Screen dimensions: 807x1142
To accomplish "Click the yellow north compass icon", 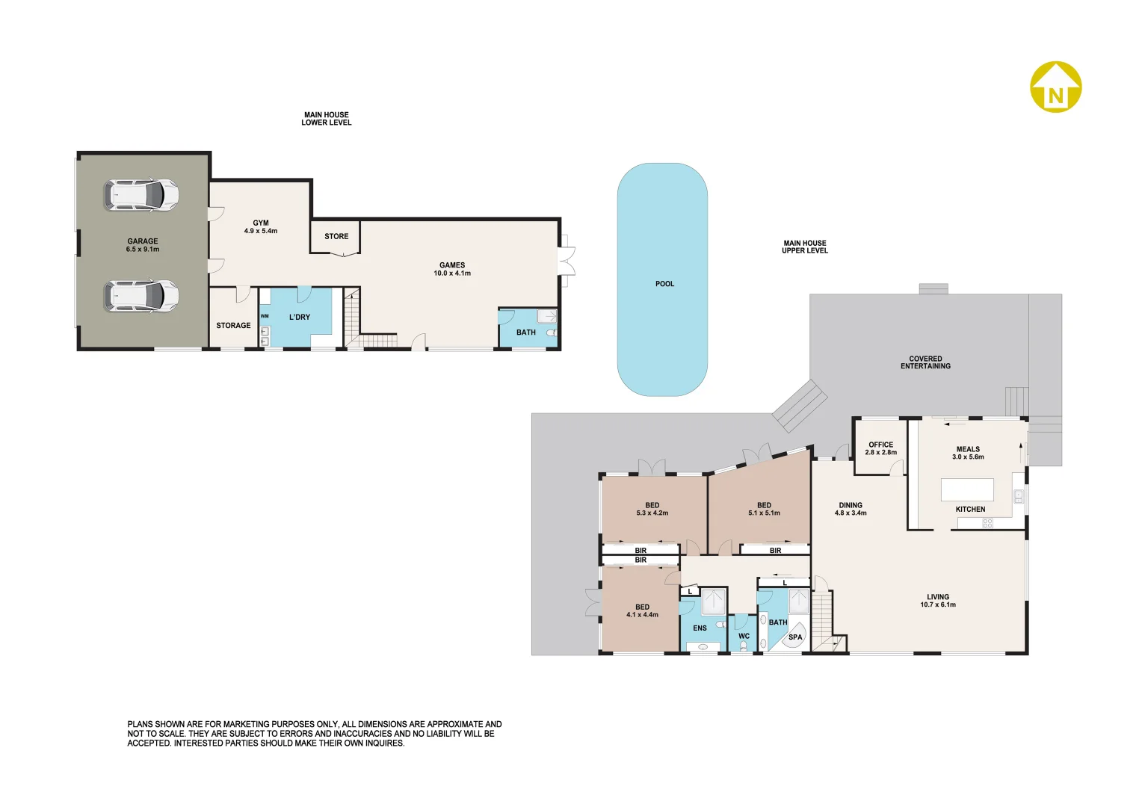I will [1055, 87].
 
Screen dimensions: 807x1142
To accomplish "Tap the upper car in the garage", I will [141, 195].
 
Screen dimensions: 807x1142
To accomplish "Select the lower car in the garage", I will [141, 296].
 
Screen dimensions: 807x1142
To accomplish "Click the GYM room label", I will [261, 227].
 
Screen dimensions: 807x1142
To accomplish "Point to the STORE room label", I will [336, 236].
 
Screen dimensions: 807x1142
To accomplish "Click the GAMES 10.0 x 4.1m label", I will [452, 269].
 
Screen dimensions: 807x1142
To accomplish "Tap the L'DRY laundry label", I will [300, 317].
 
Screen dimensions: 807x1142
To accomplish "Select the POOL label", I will [664, 284].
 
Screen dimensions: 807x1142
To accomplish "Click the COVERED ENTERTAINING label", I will [925, 362].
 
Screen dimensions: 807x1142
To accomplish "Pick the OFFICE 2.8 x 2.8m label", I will [881, 448].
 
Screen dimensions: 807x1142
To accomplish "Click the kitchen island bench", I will [967, 490].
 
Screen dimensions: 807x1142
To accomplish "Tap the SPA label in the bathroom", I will [795, 637].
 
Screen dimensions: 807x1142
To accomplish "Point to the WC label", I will [744, 637].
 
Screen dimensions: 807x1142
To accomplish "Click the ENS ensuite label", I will [700, 628].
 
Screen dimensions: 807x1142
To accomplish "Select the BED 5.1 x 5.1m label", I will [764, 509].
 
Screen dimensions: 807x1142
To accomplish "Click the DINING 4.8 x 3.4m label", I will [851, 509].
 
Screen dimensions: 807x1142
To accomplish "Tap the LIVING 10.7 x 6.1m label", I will [938, 601].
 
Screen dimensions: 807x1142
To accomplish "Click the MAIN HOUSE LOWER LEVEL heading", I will [327, 119].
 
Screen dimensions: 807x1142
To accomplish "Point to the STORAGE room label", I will [233, 326].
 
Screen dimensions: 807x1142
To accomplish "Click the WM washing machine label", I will [265, 316].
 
